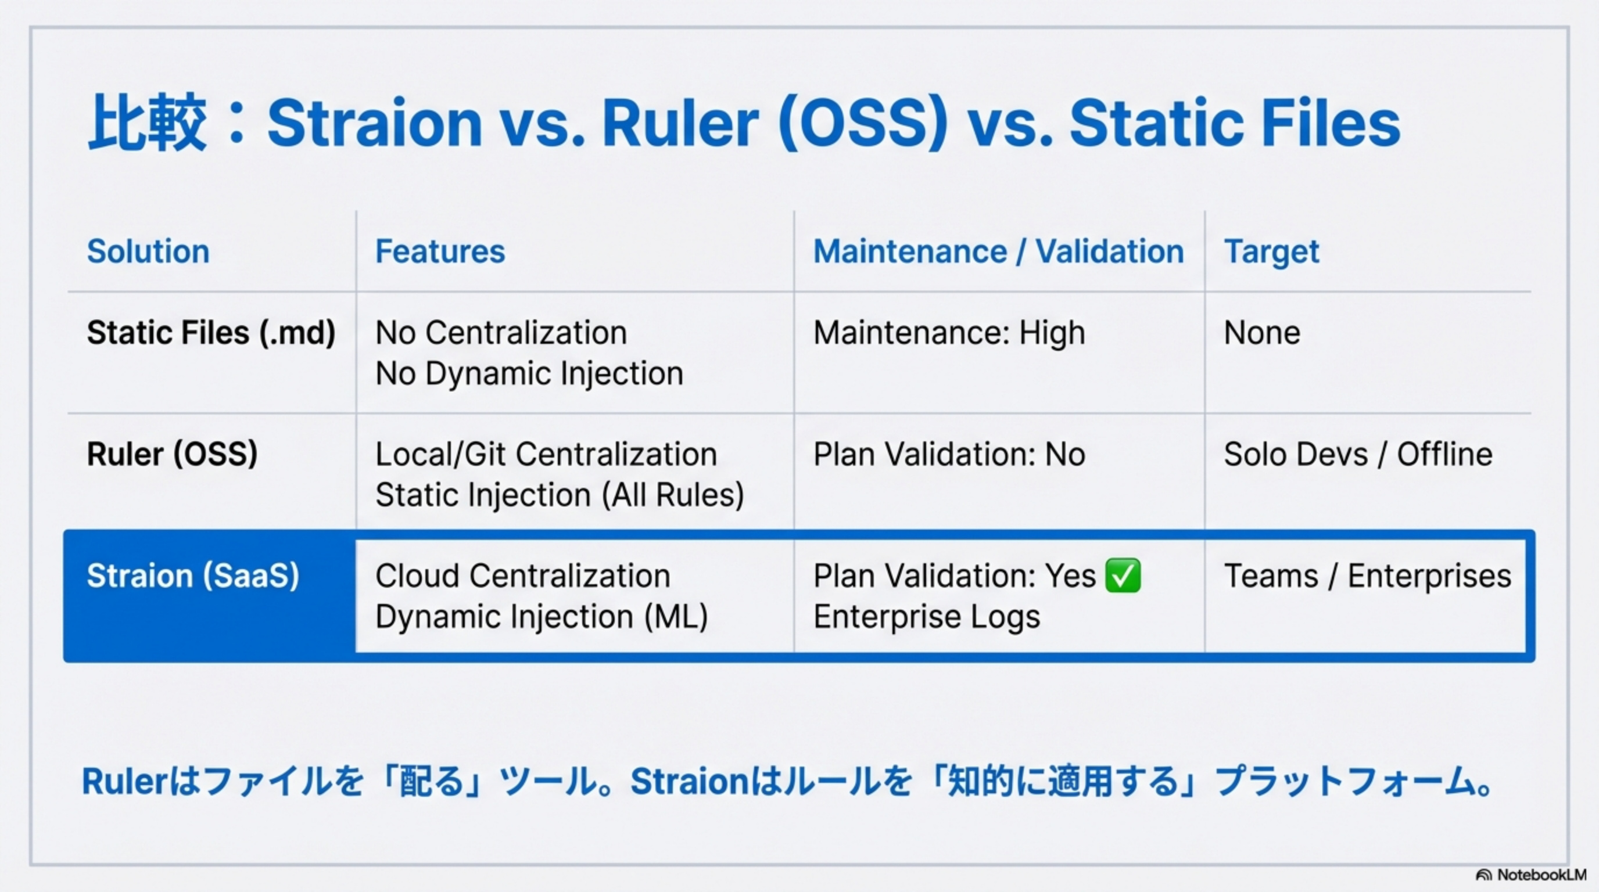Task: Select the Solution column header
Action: (x=148, y=251)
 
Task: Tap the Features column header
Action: (x=440, y=251)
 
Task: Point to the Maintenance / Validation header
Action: (x=999, y=251)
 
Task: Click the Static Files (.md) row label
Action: (x=211, y=333)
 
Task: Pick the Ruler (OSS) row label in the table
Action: (x=172, y=454)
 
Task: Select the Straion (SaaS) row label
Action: (x=193, y=576)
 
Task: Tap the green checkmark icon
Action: (x=1123, y=575)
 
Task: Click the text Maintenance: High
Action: (x=949, y=333)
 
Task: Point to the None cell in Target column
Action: (x=1262, y=333)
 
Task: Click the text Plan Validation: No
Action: (x=949, y=454)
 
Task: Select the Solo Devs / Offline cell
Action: (x=1358, y=454)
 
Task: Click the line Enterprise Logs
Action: (x=927, y=617)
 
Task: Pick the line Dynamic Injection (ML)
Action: (x=542, y=617)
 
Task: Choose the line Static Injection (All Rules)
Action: (x=560, y=495)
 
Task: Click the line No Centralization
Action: (x=501, y=333)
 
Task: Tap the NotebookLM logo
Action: (x=1530, y=875)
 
